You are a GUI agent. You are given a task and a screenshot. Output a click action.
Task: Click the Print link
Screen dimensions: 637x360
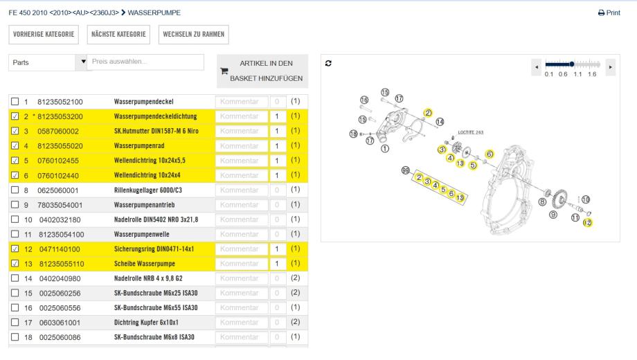click(609, 13)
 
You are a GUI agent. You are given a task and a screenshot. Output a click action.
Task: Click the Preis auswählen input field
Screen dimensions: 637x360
click(145, 62)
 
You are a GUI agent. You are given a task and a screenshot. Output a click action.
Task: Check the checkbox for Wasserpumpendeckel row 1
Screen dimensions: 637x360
click(16, 101)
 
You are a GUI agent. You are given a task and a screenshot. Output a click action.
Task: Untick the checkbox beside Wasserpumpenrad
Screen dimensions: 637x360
click(16, 146)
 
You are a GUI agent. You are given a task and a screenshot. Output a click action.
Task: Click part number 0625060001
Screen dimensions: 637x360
click(60, 190)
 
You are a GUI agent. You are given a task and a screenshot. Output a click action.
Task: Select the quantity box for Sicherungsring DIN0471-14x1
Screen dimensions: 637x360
click(276, 249)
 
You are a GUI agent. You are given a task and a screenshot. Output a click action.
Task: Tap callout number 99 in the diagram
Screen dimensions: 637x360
click(406, 170)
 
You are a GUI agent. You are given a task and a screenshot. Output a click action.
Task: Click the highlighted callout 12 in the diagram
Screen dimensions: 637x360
click(588, 222)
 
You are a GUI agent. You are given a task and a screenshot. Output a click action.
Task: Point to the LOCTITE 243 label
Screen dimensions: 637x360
click(472, 133)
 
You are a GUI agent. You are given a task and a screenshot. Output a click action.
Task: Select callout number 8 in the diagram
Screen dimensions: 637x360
click(542, 201)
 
